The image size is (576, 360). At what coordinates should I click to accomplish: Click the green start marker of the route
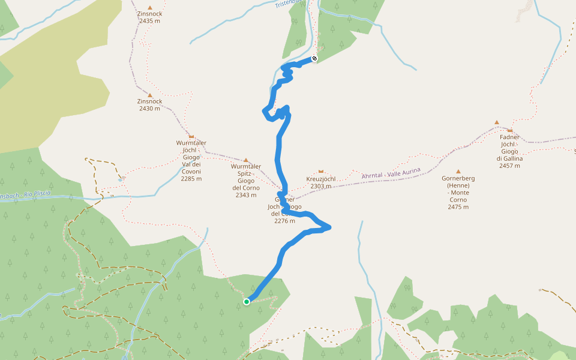click(247, 302)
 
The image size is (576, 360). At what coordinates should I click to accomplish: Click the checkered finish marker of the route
click(314, 59)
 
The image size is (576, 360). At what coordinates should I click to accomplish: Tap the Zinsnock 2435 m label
click(149, 17)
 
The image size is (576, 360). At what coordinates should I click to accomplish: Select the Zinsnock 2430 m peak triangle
click(149, 95)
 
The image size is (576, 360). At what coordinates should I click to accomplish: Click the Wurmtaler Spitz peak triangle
click(245, 160)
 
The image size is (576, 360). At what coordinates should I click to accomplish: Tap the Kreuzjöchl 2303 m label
click(321, 182)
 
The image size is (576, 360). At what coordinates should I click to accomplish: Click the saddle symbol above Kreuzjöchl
click(321, 172)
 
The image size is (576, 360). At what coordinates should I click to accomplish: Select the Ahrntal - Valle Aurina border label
click(391, 172)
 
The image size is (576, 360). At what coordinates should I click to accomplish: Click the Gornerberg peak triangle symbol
click(458, 172)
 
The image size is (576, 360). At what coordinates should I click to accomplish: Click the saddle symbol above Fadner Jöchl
click(510, 130)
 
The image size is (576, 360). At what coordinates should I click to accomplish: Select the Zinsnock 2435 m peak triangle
click(149, 7)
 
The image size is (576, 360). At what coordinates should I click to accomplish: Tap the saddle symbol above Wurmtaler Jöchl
click(191, 136)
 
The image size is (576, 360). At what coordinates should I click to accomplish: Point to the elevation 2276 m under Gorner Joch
click(284, 221)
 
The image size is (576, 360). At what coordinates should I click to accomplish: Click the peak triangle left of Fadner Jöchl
click(497, 122)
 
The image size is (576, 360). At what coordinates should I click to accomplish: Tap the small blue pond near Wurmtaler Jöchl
click(121, 179)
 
